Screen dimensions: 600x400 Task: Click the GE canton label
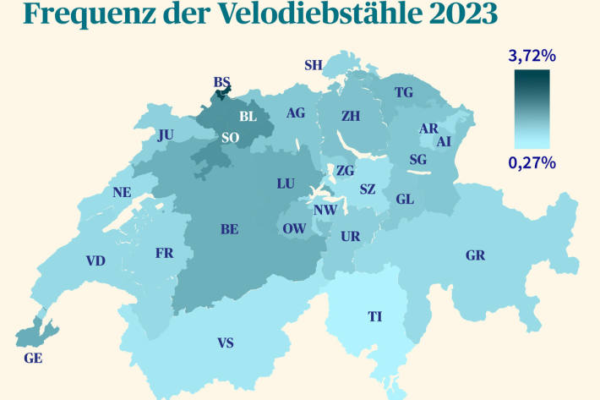click(34, 359)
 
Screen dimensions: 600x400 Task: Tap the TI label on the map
click(374, 317)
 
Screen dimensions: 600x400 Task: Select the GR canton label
click(475, 255)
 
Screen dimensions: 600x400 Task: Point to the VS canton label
click(226, 342)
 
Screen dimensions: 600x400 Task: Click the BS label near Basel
click(222, 82)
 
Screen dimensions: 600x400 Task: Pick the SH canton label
click(313, 65)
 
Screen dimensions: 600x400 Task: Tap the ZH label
click(350, 115)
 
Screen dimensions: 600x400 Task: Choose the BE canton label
click(229, 228)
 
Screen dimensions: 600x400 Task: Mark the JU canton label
click(165, 134)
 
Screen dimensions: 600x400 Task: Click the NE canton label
click(122, 192)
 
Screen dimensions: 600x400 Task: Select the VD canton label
click(95, 260)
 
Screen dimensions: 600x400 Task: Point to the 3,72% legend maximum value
click(532, 57)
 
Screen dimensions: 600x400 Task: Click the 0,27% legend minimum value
click(532, 162)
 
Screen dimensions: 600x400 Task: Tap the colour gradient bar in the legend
click(532, 109)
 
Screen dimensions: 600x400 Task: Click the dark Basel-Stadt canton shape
click(222, 94)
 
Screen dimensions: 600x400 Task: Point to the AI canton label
click(444, 141)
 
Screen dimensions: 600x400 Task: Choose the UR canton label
click(350, 237)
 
